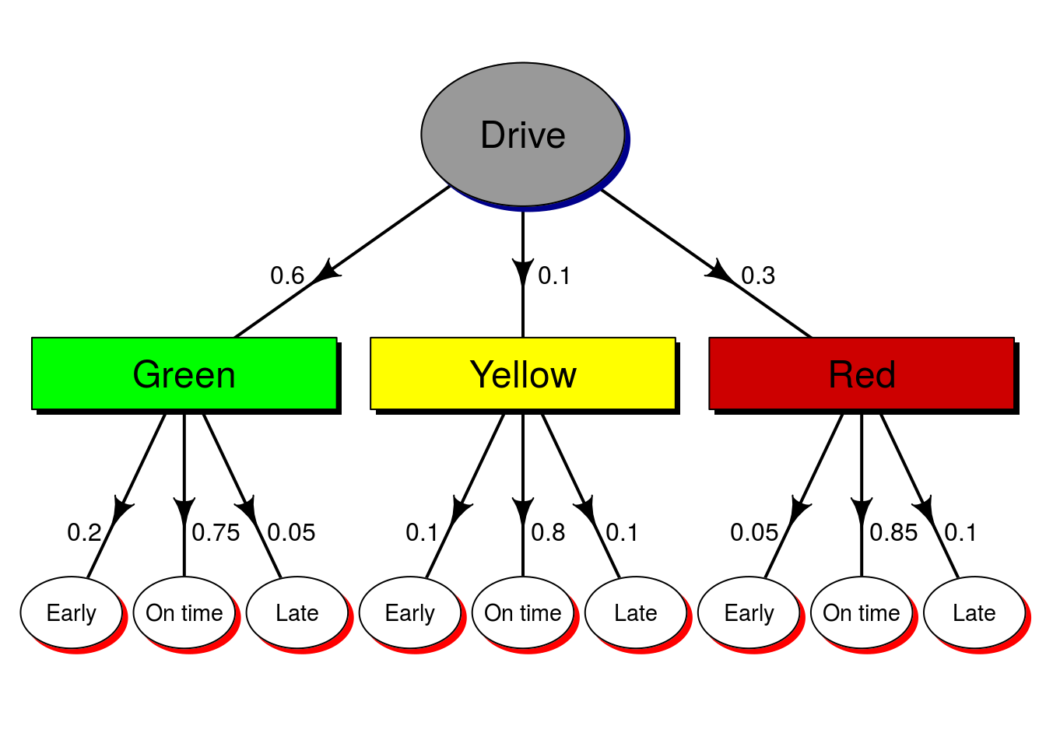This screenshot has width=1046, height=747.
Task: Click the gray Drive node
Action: [x=523, y=135]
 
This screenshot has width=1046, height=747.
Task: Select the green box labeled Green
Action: [x=184, y=374]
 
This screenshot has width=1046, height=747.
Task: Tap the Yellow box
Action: [x=523, y=374]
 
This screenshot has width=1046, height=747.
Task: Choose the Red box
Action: [x=862, y=374]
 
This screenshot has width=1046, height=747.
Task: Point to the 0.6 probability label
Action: [x=287, y=275]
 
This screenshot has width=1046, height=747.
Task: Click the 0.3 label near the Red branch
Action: [x=758, y=275]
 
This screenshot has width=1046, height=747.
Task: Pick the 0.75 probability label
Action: [x=216, y=532]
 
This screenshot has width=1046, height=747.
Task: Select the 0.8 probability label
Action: [x=548, y=532]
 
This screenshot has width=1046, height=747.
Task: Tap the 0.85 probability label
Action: [x=893, y=532]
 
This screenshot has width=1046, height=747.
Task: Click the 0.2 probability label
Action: [x=84, y=532]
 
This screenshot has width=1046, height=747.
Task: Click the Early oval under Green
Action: [x=72, y=612]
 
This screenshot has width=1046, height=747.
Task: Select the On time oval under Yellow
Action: [x=523, y=612]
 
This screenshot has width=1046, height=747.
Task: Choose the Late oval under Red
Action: [x=974, y=612]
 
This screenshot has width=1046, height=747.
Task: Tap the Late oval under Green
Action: [x=297, y=612]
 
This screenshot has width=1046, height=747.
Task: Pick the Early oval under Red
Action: [x=749, y=612]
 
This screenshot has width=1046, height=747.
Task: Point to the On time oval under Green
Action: [x=184, y=612]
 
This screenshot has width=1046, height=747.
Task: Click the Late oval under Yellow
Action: [x=636, y=612]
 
